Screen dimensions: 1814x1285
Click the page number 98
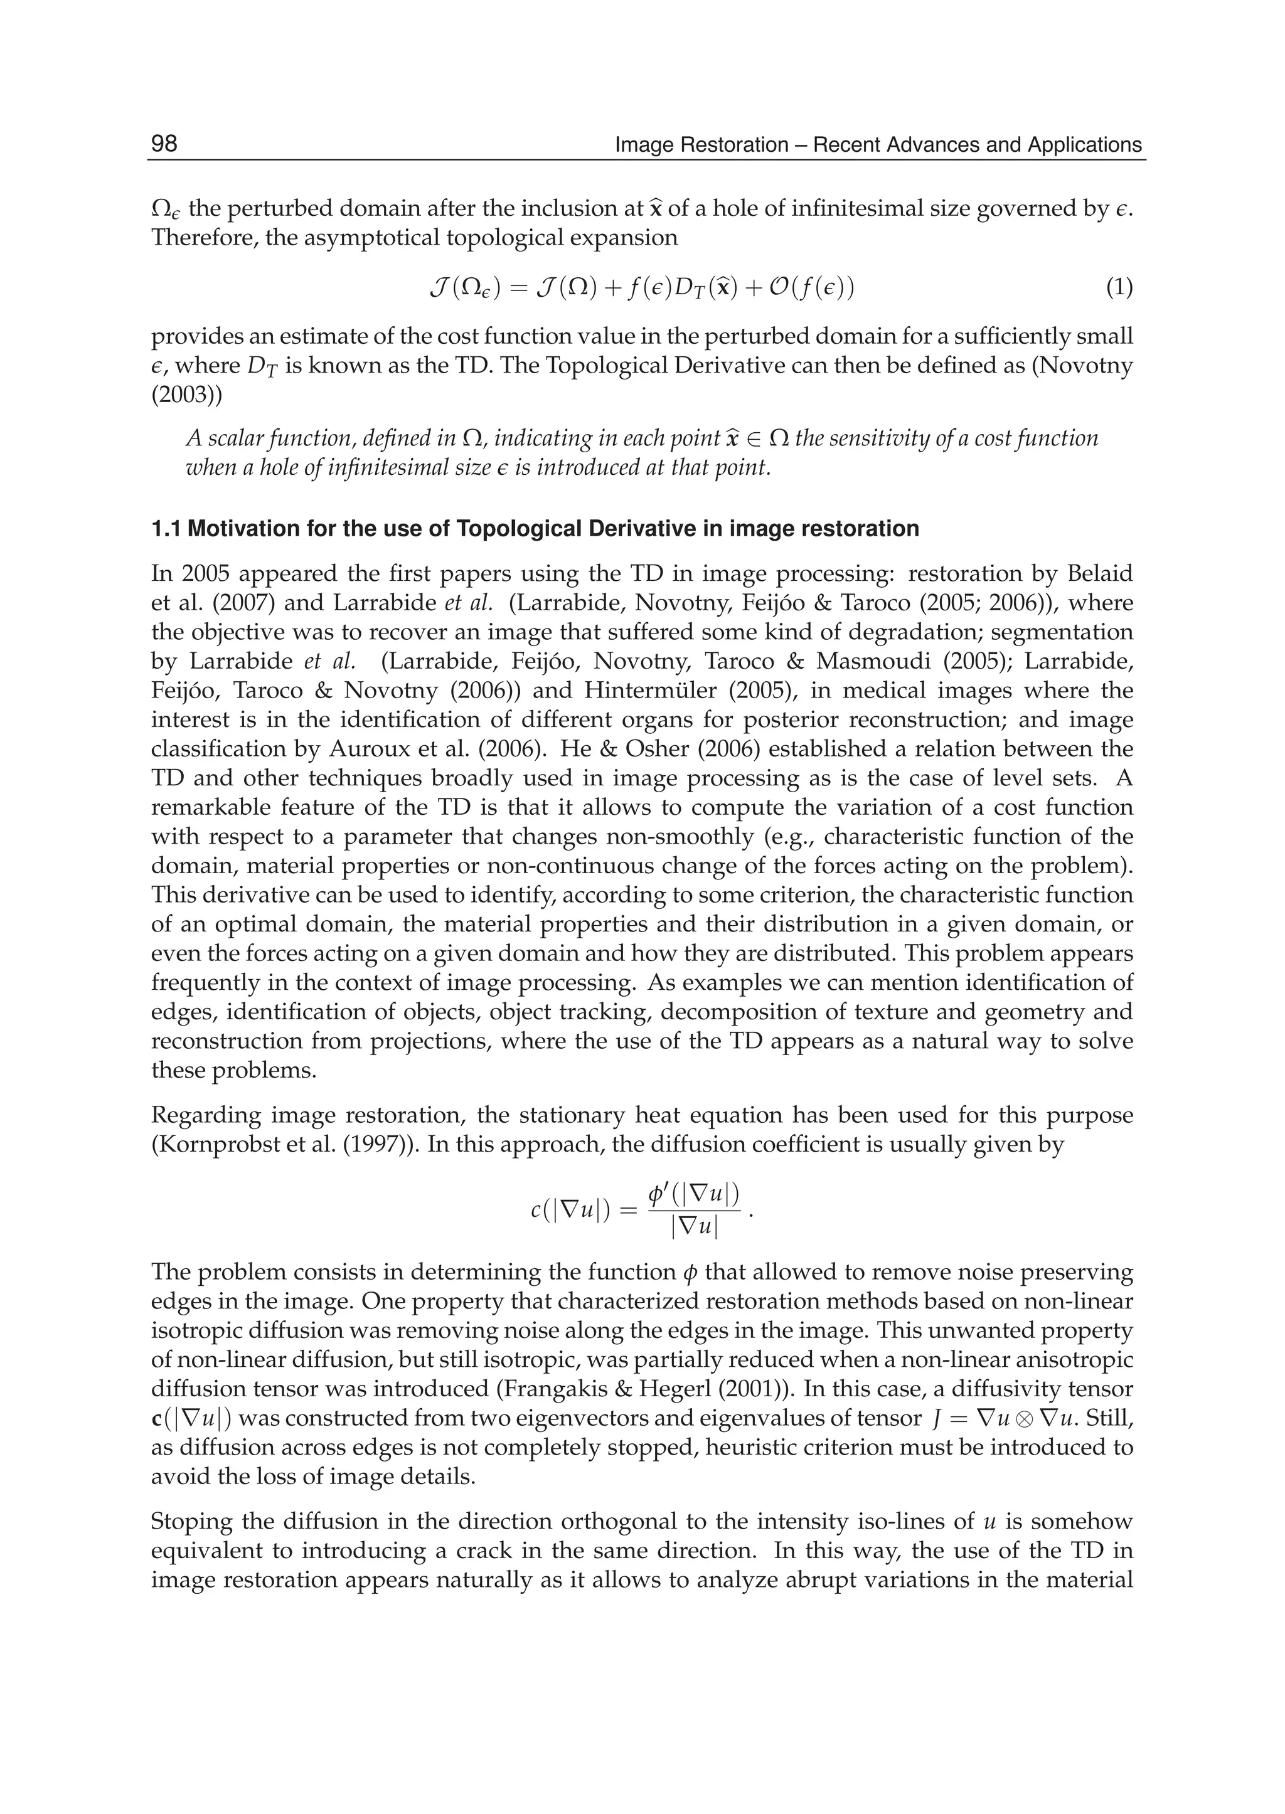(164, 144)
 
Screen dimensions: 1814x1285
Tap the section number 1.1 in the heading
(166, 529)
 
